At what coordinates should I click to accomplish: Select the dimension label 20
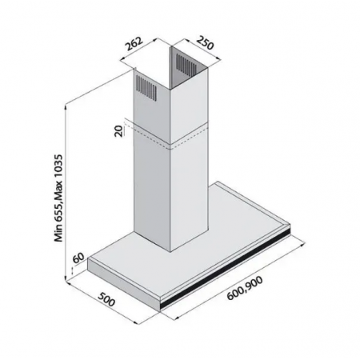(x=118, y=131)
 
